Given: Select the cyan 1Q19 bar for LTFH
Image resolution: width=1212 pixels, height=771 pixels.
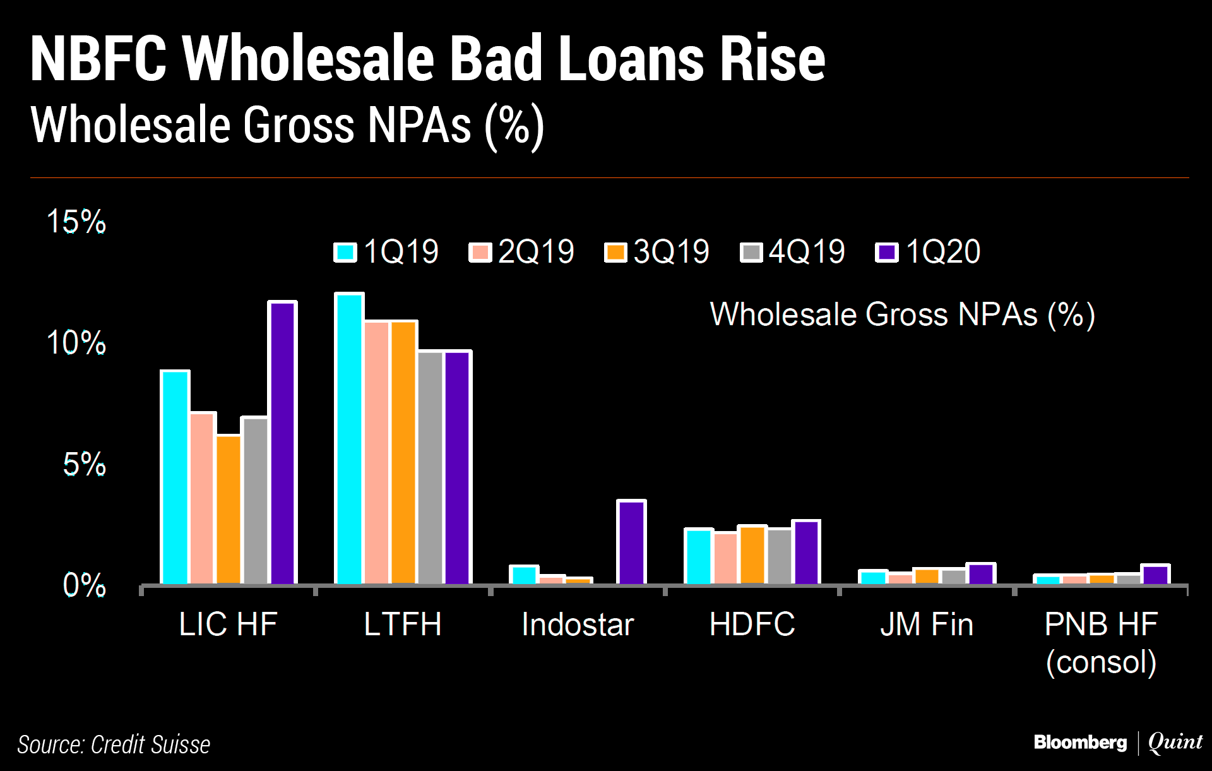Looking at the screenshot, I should click(349, 438).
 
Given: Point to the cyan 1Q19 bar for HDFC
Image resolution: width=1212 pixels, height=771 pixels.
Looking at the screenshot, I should click(699, 556).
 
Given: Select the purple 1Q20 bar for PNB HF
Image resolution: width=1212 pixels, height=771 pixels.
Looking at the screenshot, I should click(1155, 575).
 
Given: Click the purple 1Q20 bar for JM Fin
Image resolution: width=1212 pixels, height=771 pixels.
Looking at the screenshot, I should click(981, 573).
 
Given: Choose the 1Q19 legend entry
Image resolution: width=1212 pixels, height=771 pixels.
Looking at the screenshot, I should click(386, 252).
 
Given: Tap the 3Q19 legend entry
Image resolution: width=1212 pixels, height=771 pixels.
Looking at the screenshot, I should click(657, 252).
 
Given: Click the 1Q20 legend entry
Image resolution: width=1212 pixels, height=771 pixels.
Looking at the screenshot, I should click(929, 252).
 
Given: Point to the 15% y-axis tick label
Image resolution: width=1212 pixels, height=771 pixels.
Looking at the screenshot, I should click(76, 222).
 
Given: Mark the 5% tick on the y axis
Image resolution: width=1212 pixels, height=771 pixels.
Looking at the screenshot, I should click(84, 465).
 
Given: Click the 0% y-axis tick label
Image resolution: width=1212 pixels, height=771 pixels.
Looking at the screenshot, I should click(84, 585).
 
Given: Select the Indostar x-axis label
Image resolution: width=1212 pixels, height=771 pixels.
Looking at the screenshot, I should click(578, 625).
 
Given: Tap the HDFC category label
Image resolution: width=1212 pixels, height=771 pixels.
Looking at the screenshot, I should click(752, 625).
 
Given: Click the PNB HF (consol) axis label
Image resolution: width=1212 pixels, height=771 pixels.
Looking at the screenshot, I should click(1101, 643).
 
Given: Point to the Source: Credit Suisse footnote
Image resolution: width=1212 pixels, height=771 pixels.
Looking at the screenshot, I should click(114, 744).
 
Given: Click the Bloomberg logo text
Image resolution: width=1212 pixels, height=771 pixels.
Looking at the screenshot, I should click(1080, 743).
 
